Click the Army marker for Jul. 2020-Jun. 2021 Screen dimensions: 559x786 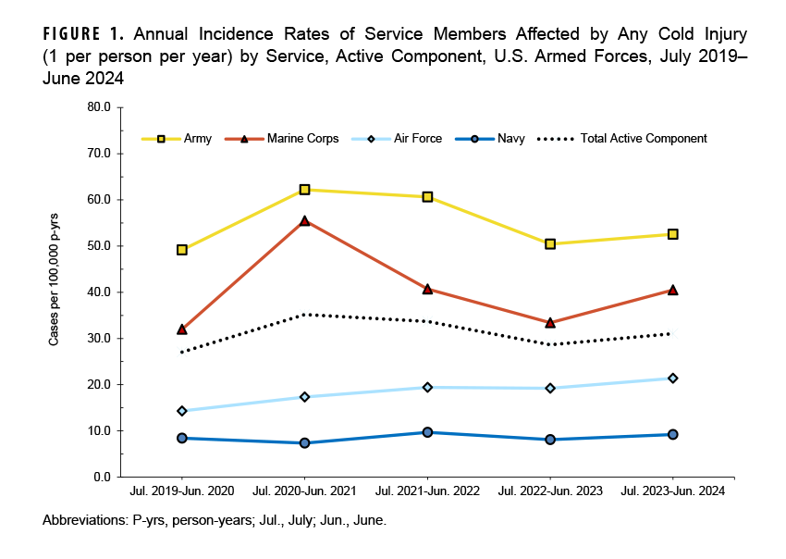click(x=304, y=190)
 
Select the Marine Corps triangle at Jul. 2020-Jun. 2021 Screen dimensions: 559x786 click(x=304, y=220)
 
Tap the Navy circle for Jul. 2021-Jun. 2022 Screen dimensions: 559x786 click(x=427, y=432)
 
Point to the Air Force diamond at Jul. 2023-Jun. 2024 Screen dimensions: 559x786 click(x=672, y=378)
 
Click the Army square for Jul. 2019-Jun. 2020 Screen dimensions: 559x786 click(x=182, y=250)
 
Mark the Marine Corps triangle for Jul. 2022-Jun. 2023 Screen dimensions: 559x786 click(x=550, y=323)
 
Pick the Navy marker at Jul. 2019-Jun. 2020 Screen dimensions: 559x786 click(x=182, y=438)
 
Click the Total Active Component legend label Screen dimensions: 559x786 click(x=643, y=139)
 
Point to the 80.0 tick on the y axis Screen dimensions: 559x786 click(x=97, y=107)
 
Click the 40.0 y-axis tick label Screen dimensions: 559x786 click(x=97, y=292)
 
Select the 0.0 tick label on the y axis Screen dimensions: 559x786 click(x=100, y=478)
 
